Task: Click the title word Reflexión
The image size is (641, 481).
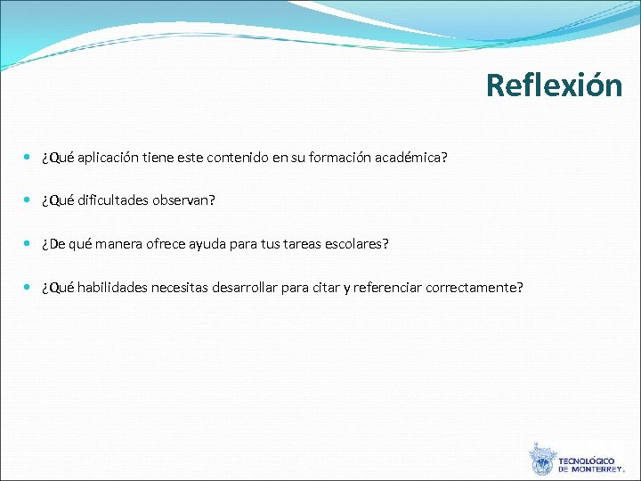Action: coord(554,86)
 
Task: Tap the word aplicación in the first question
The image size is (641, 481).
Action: coord(109,159)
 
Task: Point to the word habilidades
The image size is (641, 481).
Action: coord(114,287)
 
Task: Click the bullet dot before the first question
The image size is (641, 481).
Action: coord(28,158)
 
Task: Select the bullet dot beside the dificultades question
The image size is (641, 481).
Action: coord(28,200)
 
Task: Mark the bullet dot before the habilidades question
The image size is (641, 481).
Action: coord(28,286)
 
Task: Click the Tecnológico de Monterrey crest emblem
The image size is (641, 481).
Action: coord(540,460)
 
